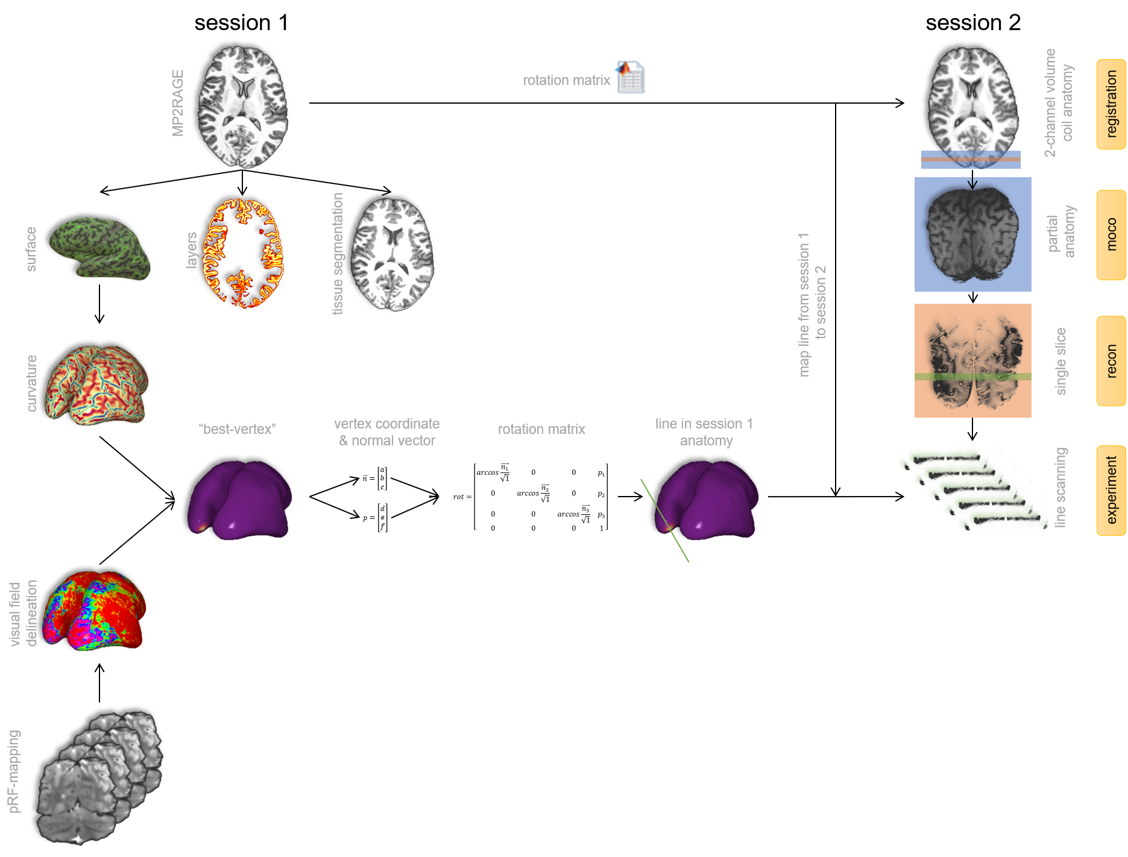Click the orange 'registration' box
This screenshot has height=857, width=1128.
coord(1111,104)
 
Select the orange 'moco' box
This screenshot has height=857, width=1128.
coord(1111,235)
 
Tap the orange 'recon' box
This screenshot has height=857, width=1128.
coord(1111,361)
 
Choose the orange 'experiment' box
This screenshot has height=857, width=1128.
coord(1111,490)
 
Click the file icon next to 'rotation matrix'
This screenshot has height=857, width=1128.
coord(631,76)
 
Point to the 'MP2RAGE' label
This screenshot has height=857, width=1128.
coord(178,103)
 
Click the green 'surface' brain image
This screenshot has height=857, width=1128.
coord(100,249)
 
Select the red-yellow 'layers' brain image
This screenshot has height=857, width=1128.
coord(244,254)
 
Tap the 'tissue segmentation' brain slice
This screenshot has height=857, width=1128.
coord(392,254)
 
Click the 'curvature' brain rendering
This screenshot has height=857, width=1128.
coord(96,385)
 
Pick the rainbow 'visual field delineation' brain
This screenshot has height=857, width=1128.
coord(95,611)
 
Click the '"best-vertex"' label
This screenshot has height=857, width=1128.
coord(237,429)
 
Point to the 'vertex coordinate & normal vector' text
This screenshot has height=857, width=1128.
coord(387,432)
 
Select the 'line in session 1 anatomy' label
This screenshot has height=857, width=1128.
coord(705,432)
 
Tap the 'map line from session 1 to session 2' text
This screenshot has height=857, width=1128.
coord(811,304)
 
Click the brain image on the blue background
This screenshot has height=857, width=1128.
coord(972,235)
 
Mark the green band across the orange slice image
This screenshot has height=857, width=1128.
coord(972,377)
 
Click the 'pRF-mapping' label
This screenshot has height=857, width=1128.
coord(14,771)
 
